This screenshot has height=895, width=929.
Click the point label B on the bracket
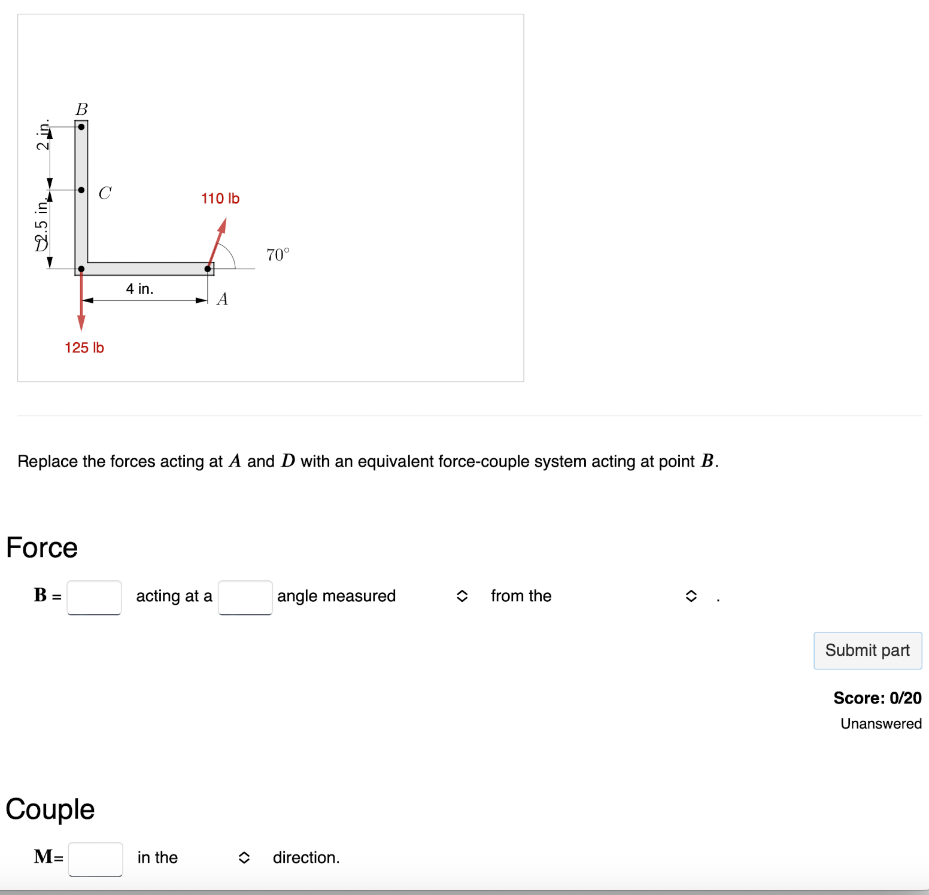click(81, 109)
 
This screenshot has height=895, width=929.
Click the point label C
click(105, 193)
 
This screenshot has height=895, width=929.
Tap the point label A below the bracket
click(222, 299)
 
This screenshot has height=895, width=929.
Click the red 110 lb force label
click(220, 199)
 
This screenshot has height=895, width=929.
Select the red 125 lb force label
click(84, 348)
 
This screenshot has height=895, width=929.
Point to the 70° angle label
click(277, 255)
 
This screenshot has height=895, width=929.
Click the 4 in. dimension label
click(139, 289)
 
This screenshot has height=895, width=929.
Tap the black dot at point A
click(208, 269)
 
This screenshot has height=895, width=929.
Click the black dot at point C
click(81, 190)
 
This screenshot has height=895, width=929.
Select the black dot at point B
click(81, 127)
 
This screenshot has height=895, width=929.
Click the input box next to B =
click(94, 597)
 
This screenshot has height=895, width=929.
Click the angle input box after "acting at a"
click(245, 597)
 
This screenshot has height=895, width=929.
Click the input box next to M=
click(95, 859)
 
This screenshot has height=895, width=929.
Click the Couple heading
click(50, 809)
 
